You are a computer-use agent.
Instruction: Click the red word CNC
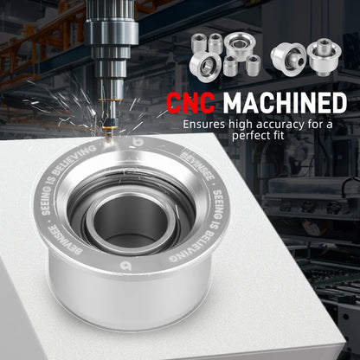pos(190,103)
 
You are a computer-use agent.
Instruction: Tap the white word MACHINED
pos(285,103)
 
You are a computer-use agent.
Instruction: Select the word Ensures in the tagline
pos(204,125)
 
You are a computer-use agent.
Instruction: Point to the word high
pos(241,125)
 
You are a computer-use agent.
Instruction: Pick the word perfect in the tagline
pos(250,136)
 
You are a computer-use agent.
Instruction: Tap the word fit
pos(278,135)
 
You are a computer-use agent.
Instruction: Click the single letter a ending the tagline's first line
pos(329,125)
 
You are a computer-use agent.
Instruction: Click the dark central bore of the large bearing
pos(131,222)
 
